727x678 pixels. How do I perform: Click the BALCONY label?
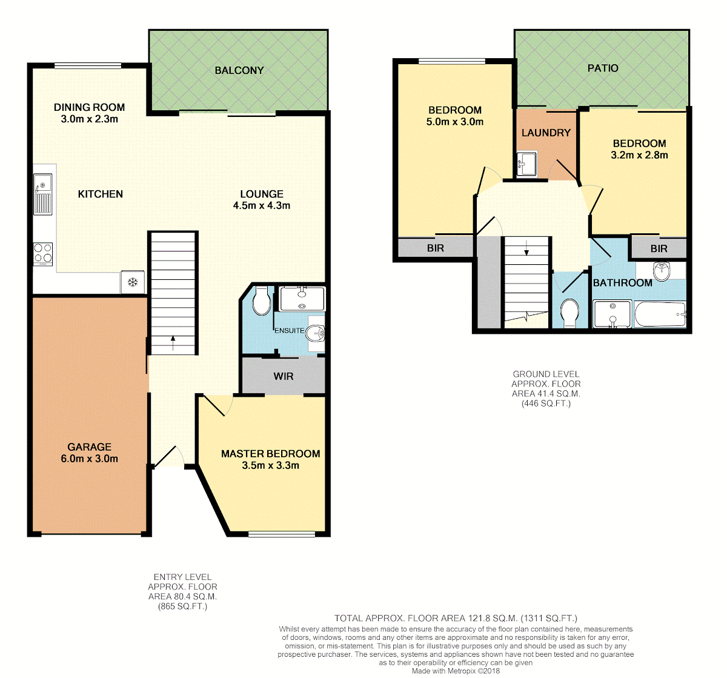pyautogui.click(x=239, y=70)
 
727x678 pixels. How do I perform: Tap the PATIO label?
pyautogui.click(x=603, y=68)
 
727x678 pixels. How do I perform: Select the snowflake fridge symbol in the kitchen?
pyautogui.click(x=133, y=282)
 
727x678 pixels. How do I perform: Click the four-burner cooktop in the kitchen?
pyautogui.click(x=43, y=254)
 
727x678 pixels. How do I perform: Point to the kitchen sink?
pyautogui.click(x=43, y=194)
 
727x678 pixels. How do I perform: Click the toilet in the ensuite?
pyautogui.click(x=261, y=301)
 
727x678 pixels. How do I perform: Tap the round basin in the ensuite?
pyautogui.click(x=316, y=334)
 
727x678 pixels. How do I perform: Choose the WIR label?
pyautogui.click(x=283, y=376)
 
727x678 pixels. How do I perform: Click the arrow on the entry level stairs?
pyautogui.click(x=173, y=343)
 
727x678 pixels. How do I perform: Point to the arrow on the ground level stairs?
pyautogui.click(x=526, y=248)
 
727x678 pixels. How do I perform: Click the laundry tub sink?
pyautogui.click(x=526, y=164)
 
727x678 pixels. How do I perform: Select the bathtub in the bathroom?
pyautogui.click(x=660, y=314)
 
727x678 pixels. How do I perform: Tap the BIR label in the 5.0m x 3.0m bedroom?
pyautogui.click(x=435, y=248)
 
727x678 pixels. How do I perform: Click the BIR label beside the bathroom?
pyautogui.click(x=659, y=248)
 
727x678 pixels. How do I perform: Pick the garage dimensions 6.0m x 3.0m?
pyautogui.click(x=89, y=458)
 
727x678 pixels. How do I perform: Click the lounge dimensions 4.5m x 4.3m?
pyautogui.click(x=261, y=205)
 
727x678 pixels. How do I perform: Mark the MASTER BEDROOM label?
pyautogui.click(x=271, y=454)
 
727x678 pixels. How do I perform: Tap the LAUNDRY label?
pyautogui.click(x=546, y=133)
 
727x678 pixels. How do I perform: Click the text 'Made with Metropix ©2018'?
pyautogui.click(x=456, y=671)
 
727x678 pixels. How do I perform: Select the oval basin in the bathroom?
pyautogui.click(x=662, y=271)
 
